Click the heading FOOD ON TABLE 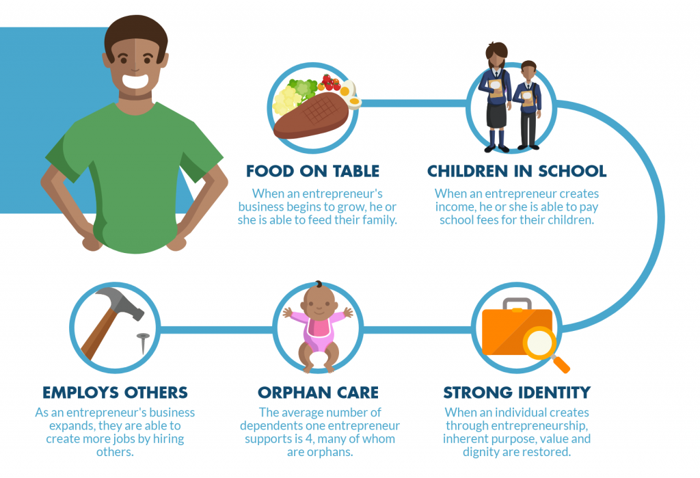coord(312,171)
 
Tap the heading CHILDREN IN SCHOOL coord(517,171)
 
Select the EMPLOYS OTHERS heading coord(115,393)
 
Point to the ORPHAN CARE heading coord(318,393)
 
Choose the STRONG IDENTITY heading coord(517,393)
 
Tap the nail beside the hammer coord(143,343)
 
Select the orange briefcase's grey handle coord(517,304)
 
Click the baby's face coord(319,304)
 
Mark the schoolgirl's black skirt coord(496,115)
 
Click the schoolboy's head coord(528,70)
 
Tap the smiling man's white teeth coord(136,82)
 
